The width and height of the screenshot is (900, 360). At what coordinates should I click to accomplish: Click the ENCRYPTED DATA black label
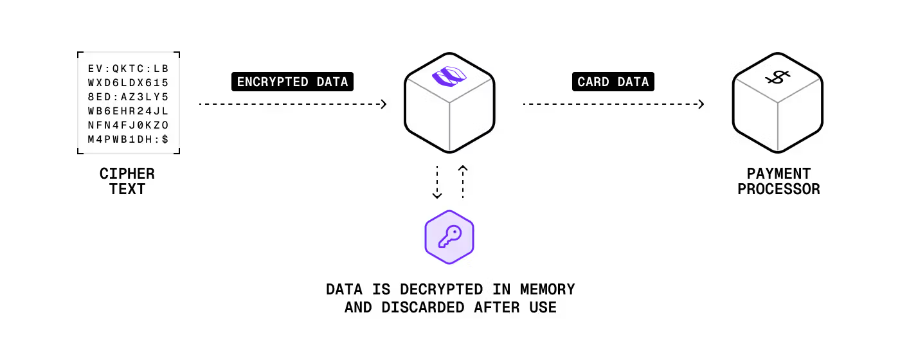tap(292, 82)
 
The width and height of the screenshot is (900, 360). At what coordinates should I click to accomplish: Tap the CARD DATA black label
tap(613, 82)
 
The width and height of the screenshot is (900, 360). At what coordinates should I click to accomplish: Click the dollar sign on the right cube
tap(777, 78)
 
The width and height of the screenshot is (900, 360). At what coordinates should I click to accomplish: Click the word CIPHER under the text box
tap(127, 174)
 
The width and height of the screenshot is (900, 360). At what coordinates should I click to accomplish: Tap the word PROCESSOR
tap(779, 190)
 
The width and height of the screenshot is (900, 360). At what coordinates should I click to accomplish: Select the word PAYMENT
tap(779, 174)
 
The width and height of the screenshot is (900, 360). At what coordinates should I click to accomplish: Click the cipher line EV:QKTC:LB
tap(128, 68)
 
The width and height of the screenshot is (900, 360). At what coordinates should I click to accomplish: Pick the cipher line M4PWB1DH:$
tap(128, 139)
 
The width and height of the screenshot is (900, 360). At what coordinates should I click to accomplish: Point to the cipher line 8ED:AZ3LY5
tap(128, 96)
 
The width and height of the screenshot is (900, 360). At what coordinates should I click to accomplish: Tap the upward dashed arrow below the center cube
tap(462, 181)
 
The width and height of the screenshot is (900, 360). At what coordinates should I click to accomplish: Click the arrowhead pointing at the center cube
tap(384, 104)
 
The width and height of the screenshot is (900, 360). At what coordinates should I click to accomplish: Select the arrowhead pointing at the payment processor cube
tap(701, 104)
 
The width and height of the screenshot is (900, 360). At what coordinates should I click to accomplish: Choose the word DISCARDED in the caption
tap(423, 307)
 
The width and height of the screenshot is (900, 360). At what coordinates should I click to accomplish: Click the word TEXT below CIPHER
tap(127, 190)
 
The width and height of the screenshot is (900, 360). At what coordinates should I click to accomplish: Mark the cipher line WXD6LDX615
tap(128, 82)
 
